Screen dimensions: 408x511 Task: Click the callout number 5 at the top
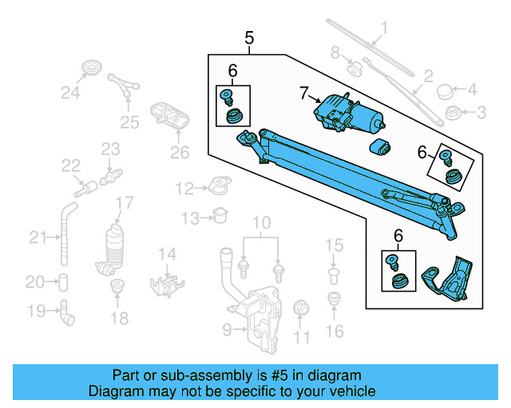pos(249,37)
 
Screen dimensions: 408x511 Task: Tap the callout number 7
pos(303,94)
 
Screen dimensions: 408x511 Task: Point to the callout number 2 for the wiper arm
pos(428,77)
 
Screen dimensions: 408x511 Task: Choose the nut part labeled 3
pos(452,112)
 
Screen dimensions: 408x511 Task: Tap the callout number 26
pos(180,152)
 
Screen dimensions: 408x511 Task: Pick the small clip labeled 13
pos(221,215)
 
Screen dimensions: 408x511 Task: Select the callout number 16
pos(334,330)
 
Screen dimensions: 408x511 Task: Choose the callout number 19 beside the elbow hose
pos(34,312)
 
